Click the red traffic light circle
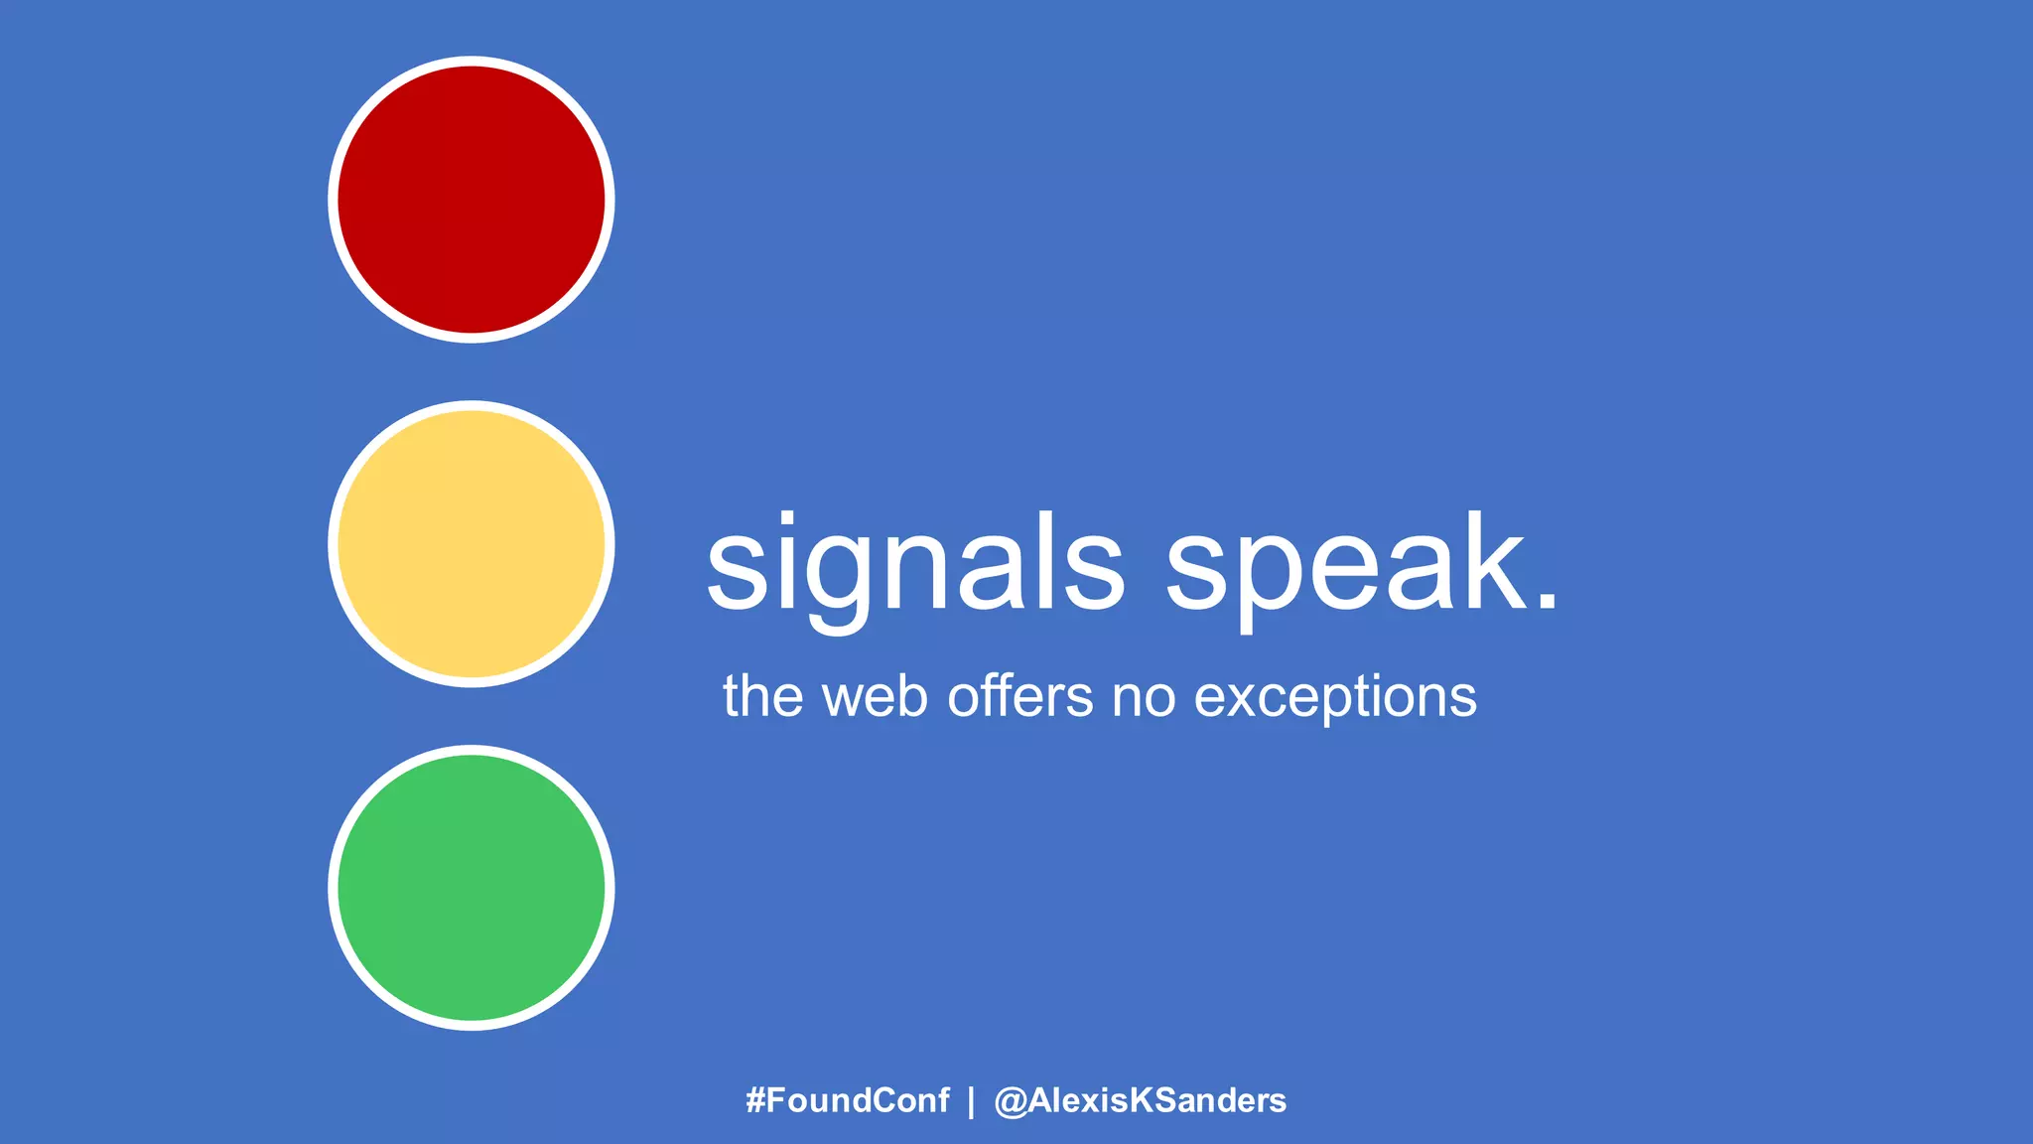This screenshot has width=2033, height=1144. coord(472,200)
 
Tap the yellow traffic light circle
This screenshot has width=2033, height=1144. coord(472,544)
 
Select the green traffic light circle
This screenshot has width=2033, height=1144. coord(472,888)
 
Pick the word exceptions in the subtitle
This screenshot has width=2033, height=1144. coord(1335,697)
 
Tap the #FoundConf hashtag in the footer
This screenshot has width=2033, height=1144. coord(848,1100)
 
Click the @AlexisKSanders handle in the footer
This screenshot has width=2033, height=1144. coord(1141,1100)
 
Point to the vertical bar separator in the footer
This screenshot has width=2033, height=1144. coord(971,1101)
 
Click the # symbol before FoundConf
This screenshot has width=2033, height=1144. coord(755,1100)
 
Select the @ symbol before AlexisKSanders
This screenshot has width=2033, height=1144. coord(1011,1101)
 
